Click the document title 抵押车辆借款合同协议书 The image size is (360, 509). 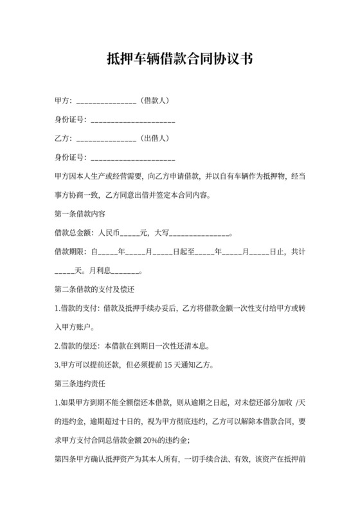click(x=179, y=60)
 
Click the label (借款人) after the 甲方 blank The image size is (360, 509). click(x=155, y=101)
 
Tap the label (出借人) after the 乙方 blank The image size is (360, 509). click(x=155, y=138)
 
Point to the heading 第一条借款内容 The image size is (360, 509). click(x=80, y=213)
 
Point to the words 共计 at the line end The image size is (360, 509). click(x=298, y=252)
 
